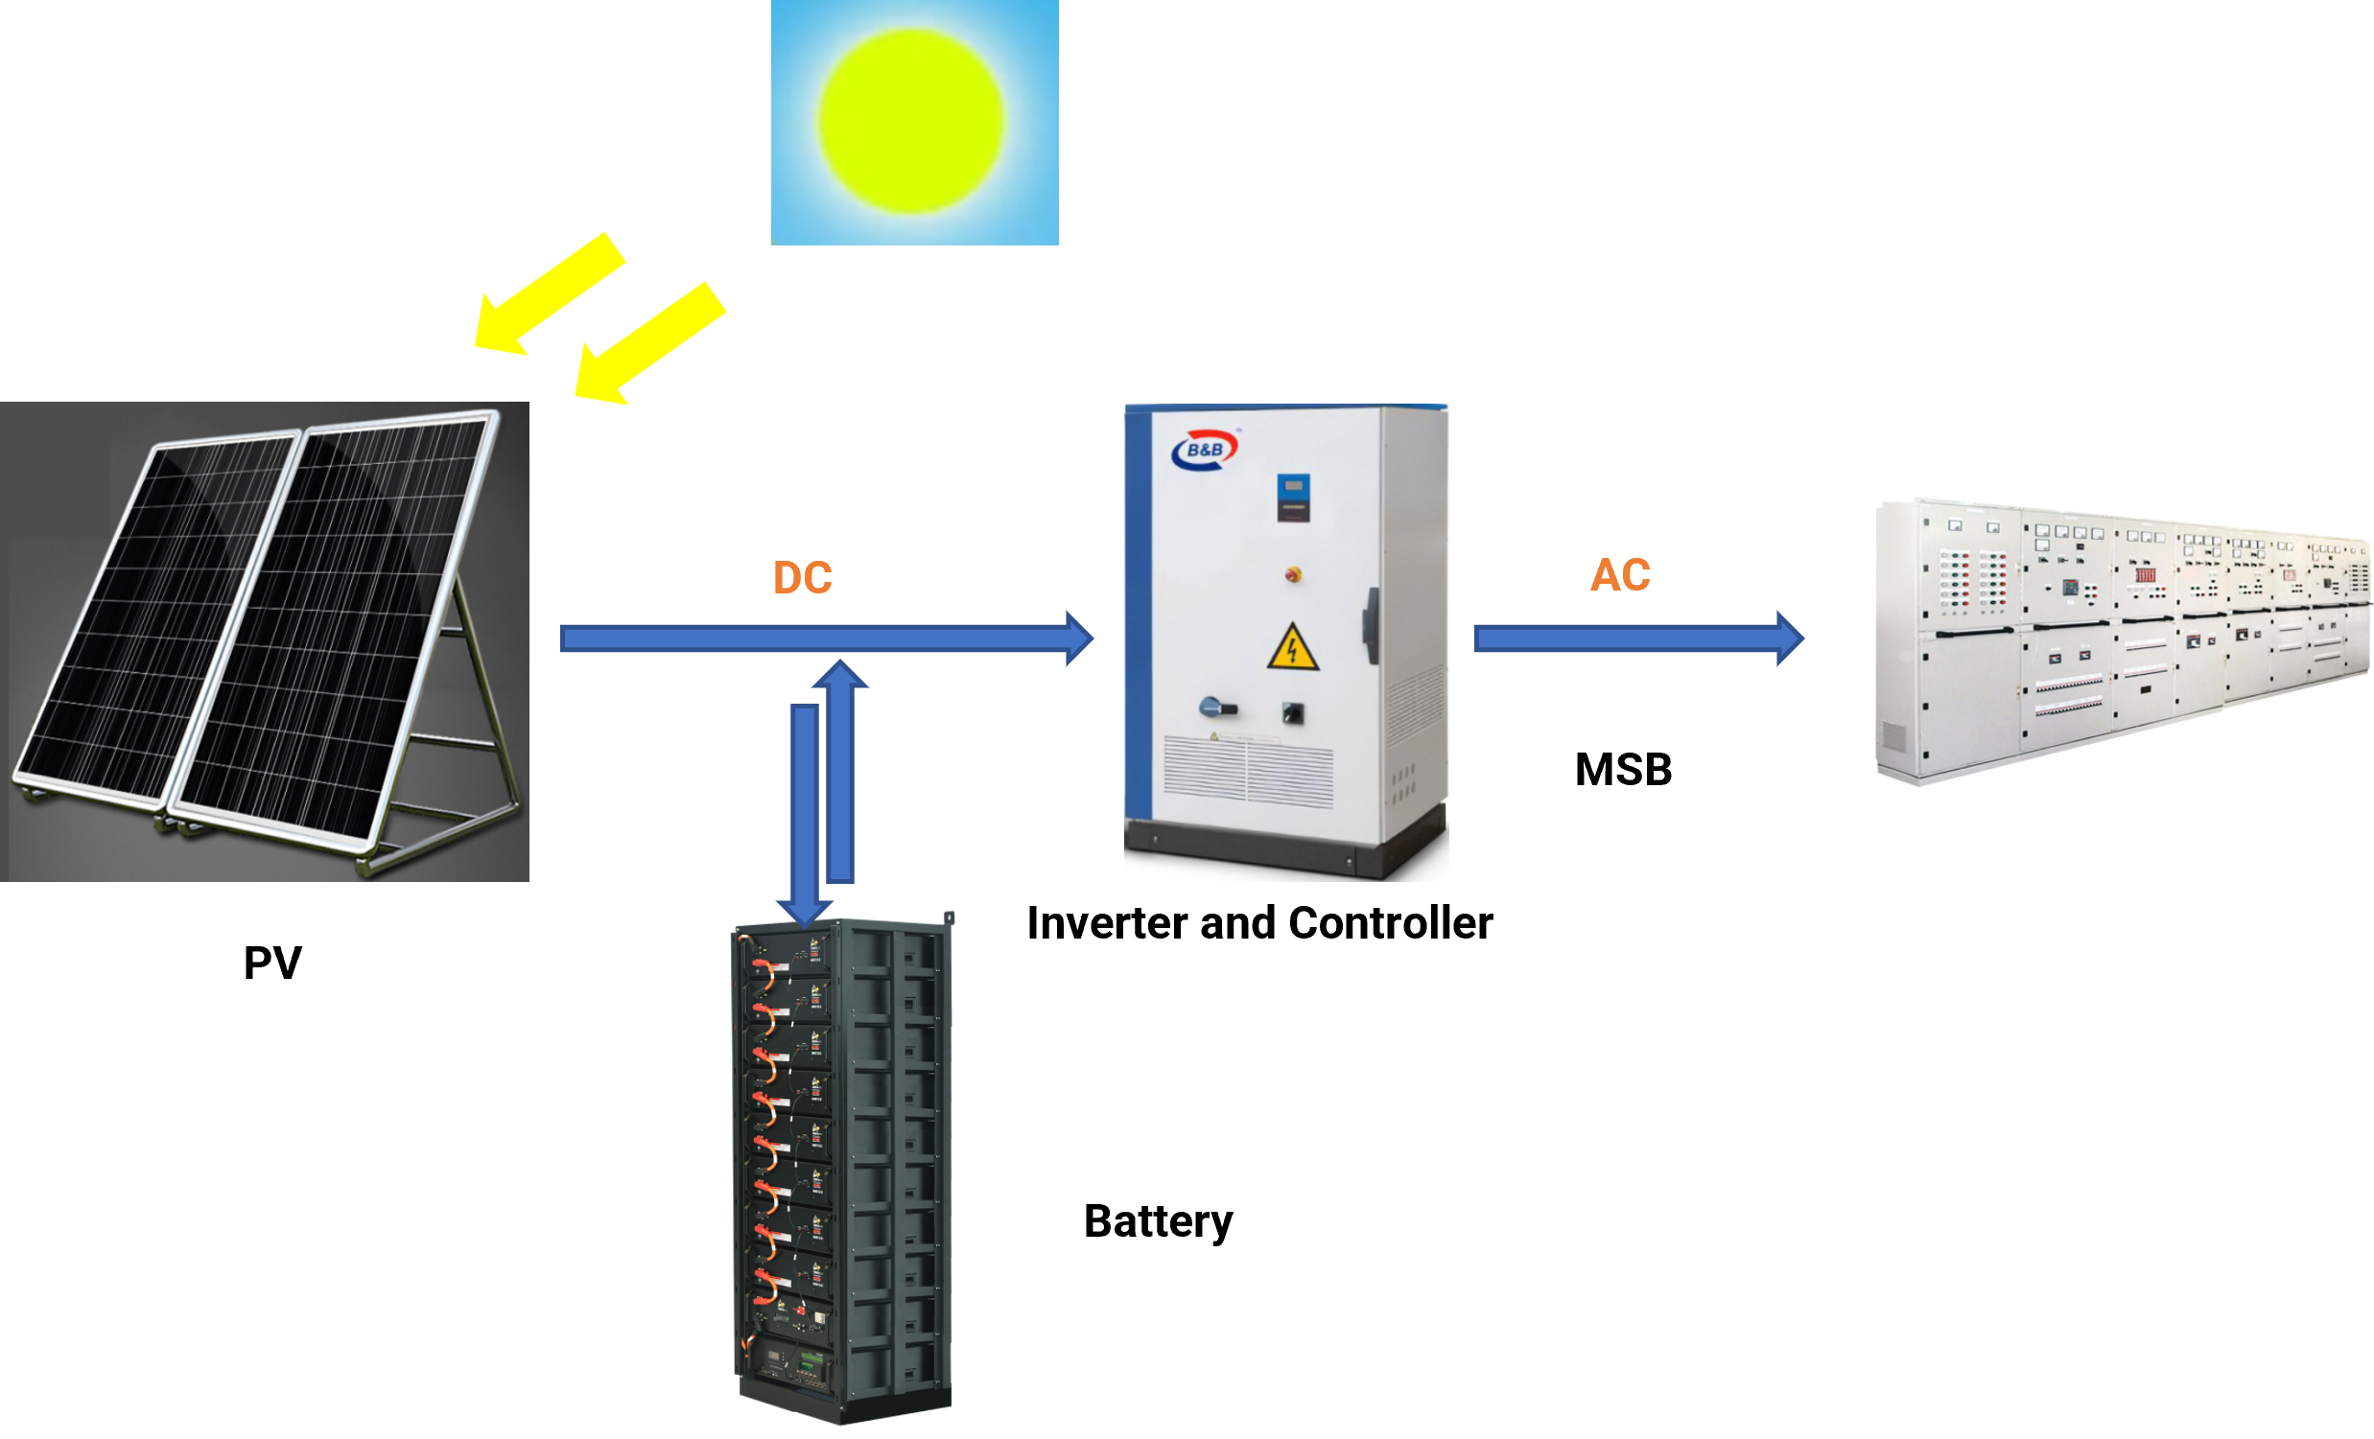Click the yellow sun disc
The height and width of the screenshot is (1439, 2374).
(x=910, y=122)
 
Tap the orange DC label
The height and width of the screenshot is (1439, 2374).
(x=803, y=577)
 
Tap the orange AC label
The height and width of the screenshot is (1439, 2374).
(x=1621, y=575)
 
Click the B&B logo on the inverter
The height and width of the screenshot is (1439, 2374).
(x=1205, y=450)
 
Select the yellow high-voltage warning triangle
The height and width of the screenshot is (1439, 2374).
(x=1292, y=648)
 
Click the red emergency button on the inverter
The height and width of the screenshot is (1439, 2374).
(x=1293, y=574)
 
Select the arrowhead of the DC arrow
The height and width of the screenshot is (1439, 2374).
(x=1079, y=638)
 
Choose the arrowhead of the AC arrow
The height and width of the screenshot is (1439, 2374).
(x=1789, y=638)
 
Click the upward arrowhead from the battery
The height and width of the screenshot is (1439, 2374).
(x=840, y=674)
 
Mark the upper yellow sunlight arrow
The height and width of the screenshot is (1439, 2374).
(x=550, y=293)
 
